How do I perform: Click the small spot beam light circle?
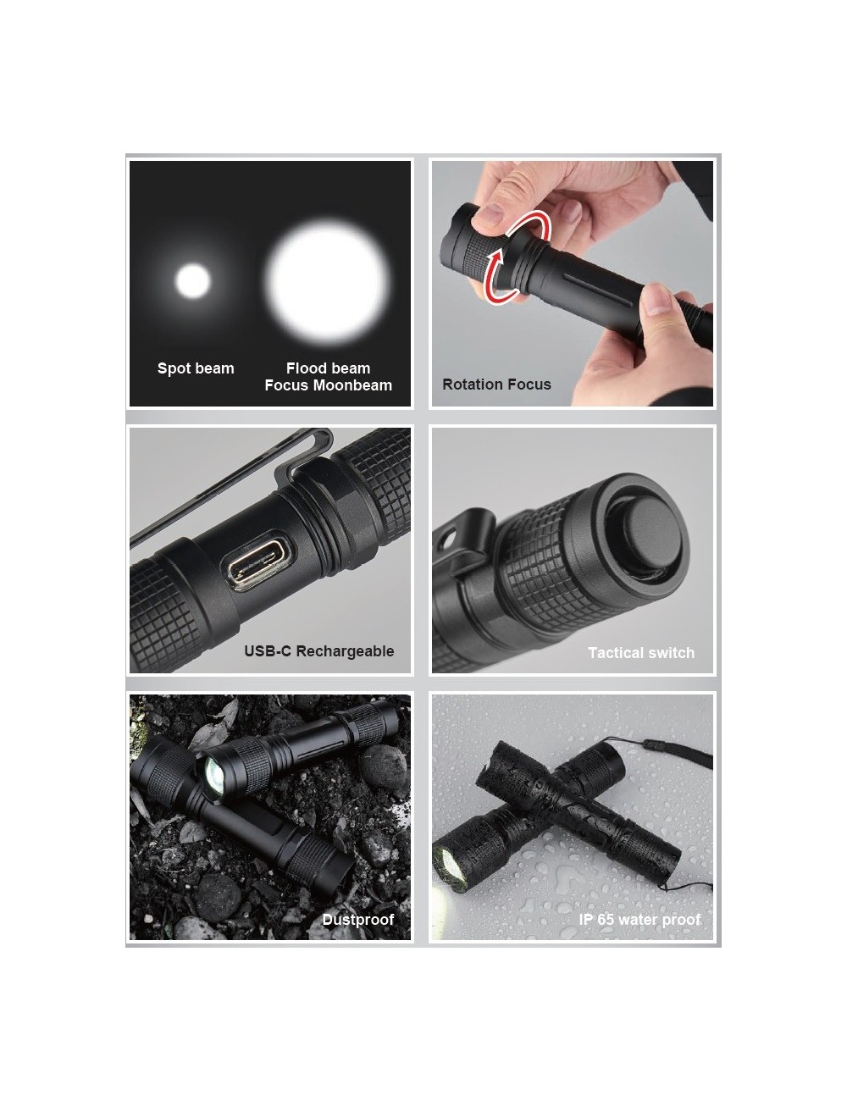point(192,281)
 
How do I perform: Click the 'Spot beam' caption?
point(196,368)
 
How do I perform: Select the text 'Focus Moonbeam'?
point(328,385)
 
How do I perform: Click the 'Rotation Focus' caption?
point(496,385)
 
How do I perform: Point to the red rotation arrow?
point(516,258)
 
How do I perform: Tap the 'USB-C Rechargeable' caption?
point(318,651)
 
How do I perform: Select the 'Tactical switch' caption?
point(641,653)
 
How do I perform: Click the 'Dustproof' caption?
point(357,920)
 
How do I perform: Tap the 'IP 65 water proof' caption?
point(639,920)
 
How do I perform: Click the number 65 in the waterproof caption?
point(606,920)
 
